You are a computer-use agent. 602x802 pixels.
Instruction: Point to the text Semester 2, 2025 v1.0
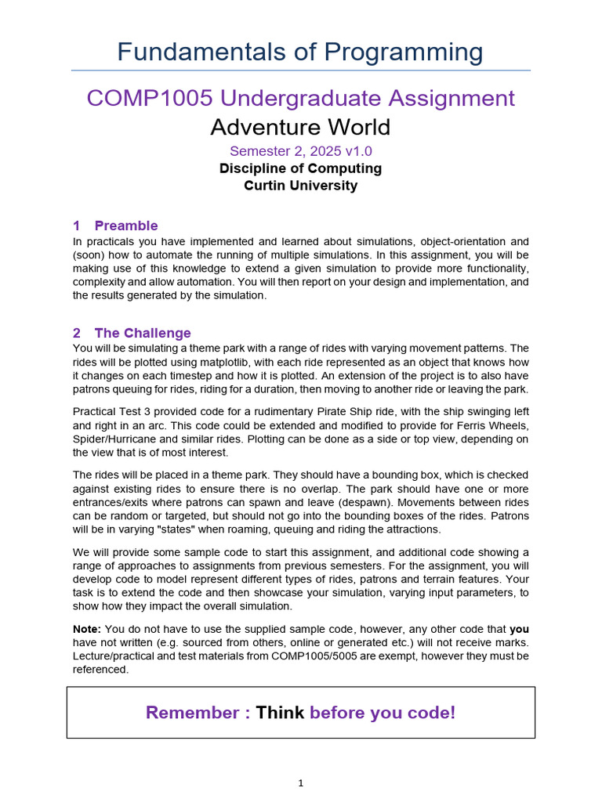(300, 150)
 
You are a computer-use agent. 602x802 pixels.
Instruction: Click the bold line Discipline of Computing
(300, 168)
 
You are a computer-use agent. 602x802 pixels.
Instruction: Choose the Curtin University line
(300, 186)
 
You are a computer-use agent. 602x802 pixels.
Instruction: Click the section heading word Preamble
(126, 226)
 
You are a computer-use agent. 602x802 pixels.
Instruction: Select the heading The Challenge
(143, 333)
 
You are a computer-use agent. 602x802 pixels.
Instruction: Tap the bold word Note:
(87, 628)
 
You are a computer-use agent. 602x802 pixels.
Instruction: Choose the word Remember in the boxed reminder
(193, 713)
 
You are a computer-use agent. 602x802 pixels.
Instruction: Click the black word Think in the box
(280, 713)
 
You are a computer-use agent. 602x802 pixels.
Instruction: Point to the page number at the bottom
(300, 782)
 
